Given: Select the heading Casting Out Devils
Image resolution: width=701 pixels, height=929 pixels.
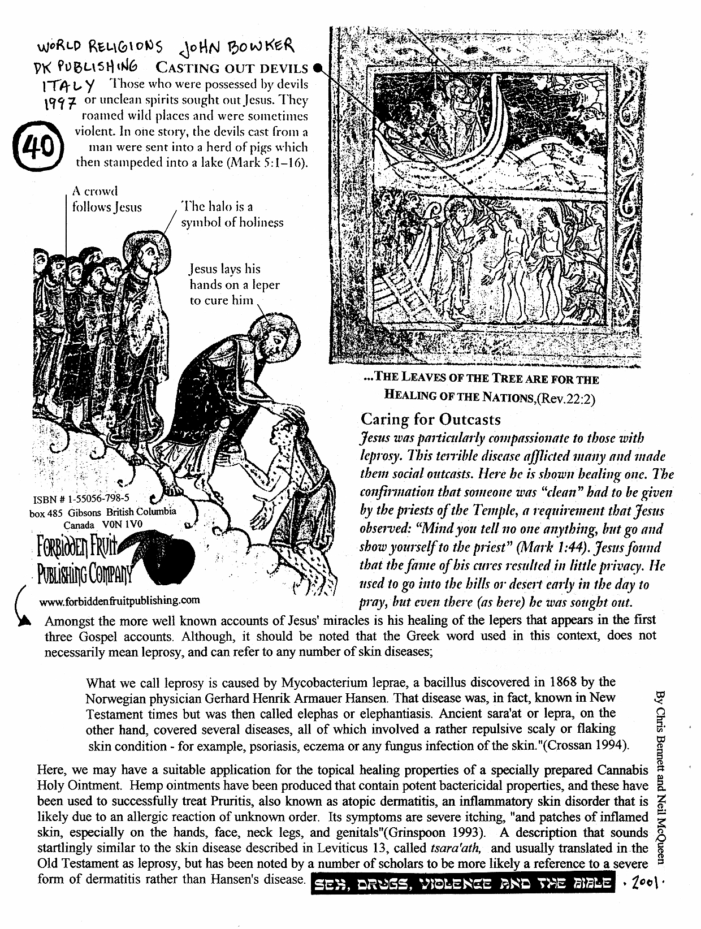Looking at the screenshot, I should click(x=232, y=68).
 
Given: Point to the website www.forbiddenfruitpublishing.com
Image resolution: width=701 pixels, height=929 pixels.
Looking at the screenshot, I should click(x=120, y=600).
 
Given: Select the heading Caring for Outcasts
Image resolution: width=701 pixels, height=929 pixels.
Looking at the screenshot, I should click(x=430, y=419).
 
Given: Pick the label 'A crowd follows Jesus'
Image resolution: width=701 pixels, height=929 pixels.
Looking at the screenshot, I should click(x=106, y=200).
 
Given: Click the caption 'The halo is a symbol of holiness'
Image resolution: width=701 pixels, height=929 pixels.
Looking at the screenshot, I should click(x=231, y=214).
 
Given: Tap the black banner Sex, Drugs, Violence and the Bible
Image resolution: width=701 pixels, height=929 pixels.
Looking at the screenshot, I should click(x=462, y=884).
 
